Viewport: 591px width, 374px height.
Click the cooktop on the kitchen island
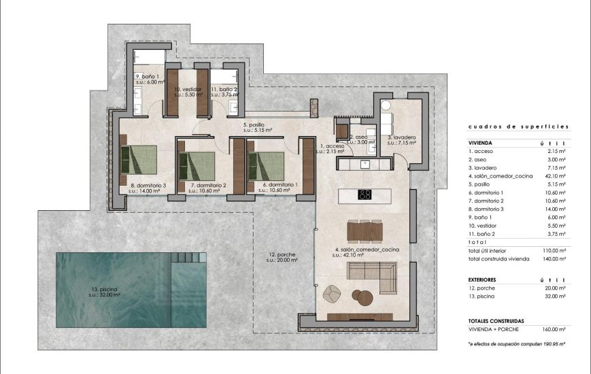tap(365, 194)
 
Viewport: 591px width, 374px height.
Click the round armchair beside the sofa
tap(332, 293)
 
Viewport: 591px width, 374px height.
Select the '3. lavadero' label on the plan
tap(401, 138)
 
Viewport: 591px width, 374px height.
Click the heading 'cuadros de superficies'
tap(518, 127)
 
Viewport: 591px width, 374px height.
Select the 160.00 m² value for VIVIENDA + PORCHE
tap(557, 329)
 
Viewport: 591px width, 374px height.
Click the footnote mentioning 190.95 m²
tap(518, 345)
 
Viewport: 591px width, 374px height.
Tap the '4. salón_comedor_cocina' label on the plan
tap(367, 251)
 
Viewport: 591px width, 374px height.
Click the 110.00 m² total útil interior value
tap(556, 251)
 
